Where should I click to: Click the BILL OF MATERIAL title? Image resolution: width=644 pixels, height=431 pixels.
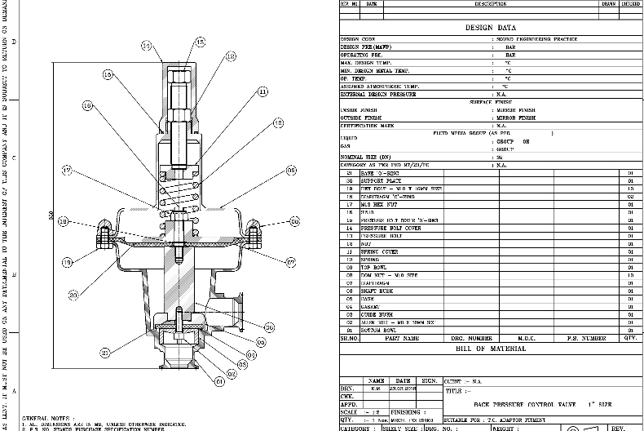click(490, 349)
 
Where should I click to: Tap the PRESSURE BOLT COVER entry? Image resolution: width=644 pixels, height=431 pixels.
click(388, 229)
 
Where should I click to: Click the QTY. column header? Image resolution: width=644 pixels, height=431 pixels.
click(630, 338)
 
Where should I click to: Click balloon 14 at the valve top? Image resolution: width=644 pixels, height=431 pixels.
click(146, 47)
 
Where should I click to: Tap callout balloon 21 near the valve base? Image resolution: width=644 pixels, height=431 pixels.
click(105, 353)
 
